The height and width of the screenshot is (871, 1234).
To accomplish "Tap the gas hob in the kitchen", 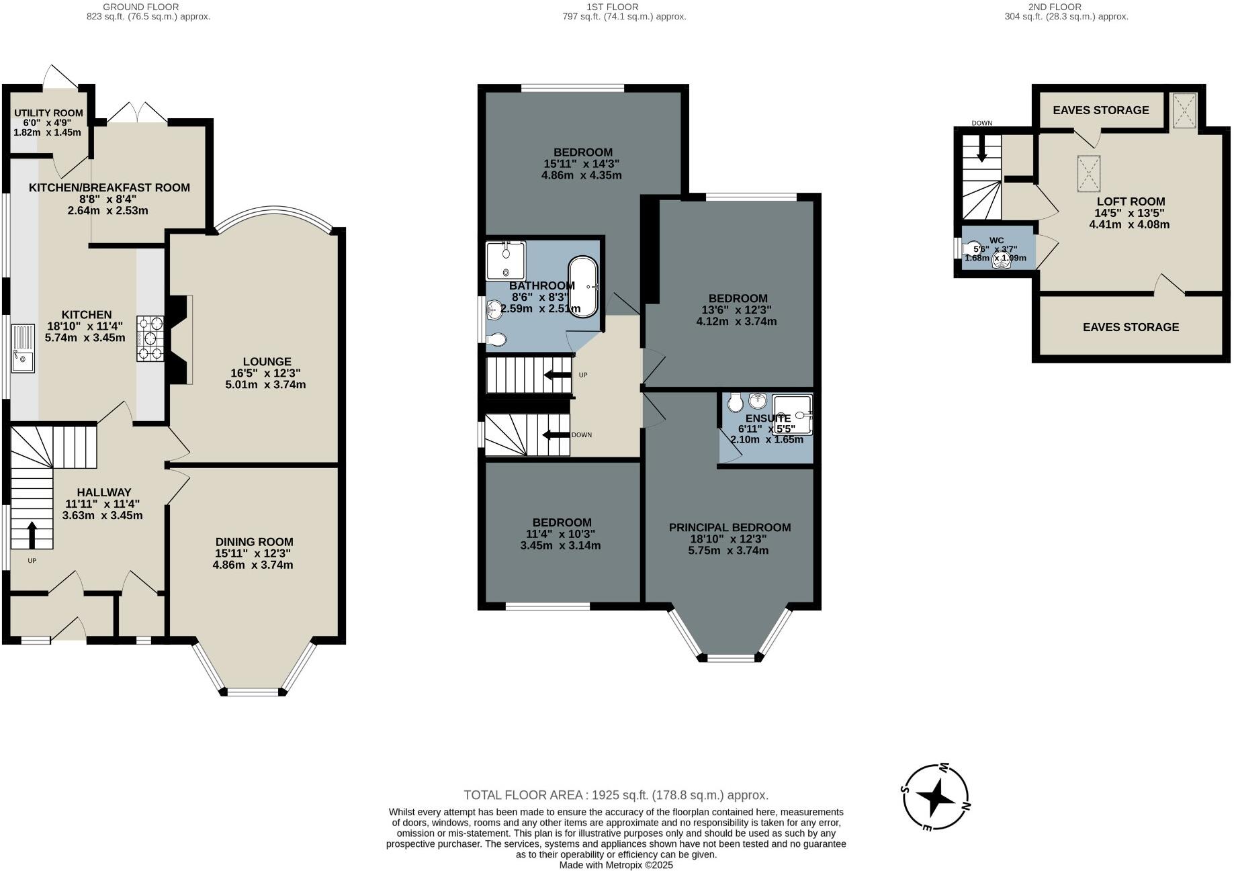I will (150, 339).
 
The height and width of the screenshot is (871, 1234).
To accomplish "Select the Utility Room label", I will (48, 113).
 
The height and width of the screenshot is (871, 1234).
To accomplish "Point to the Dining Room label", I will (254, 541).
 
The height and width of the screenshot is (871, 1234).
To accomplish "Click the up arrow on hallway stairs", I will (32, 535).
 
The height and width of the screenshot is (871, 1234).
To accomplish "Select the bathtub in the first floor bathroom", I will (583, 287).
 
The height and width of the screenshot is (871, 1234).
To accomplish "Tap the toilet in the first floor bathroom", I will (496, 340).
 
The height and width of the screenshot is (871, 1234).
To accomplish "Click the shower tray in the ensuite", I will (793, 414).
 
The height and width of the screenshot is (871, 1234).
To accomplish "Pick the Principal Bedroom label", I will (730, 527).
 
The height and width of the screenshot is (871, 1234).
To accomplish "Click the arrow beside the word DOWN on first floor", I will (556, 435).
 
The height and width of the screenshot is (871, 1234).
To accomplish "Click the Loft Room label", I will (1131, 201).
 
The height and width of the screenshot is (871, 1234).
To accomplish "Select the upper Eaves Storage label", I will (1100, 110).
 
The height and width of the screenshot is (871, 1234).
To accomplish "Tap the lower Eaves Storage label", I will (1131, 327).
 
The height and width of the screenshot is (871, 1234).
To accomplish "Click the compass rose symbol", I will (936, 797).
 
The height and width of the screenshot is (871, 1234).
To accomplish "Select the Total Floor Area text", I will (615, 795).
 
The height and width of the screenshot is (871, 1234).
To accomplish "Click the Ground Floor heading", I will (140, 7).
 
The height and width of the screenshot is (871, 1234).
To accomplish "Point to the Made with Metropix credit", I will (616, 865).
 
